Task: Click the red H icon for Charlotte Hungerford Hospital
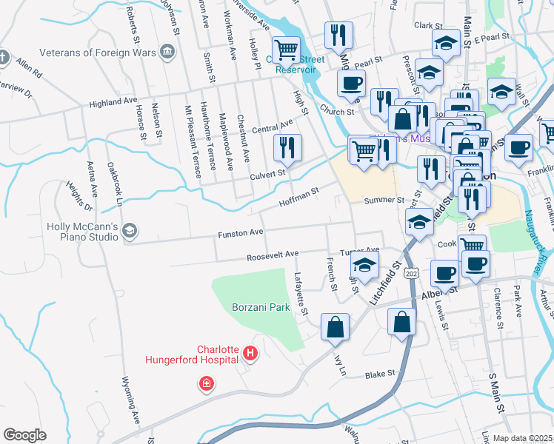(x=250, y=354)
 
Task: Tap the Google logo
(x=24, y=435)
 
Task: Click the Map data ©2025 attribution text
(x=522, y=438)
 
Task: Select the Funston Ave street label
(x=240, y=234)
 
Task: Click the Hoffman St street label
(x=298, y=197)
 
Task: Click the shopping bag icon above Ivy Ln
(x=335, y=326)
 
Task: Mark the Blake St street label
(x=381, y=375)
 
